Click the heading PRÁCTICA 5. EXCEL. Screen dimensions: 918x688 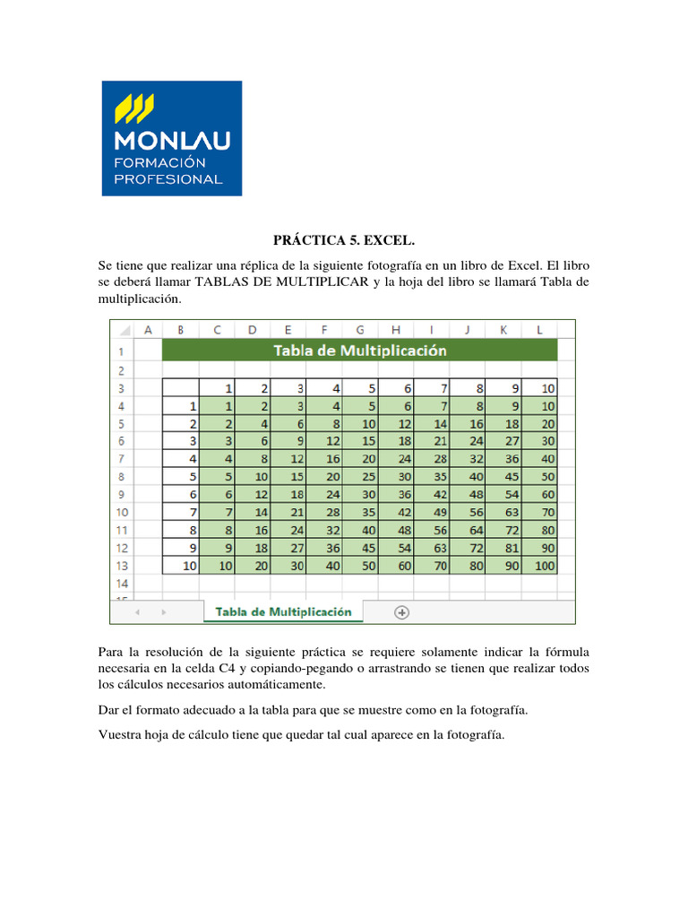tap(344, 241)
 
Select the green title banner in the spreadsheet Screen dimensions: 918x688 tap(359, 350)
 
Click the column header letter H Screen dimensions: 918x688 tap(395, 330)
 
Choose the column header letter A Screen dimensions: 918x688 tap(148, 330)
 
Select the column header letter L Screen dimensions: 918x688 tap(539, 330)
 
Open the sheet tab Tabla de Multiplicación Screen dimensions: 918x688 tap(283, 611)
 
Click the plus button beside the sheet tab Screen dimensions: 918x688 tap(401, 611)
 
